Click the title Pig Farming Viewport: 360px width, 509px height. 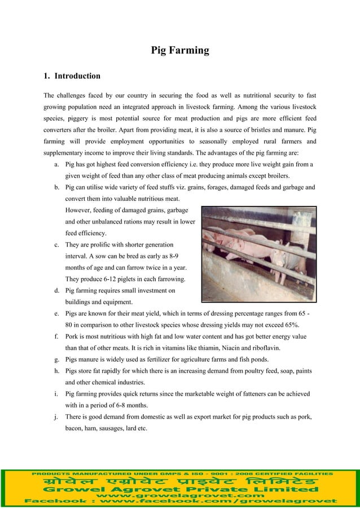(180, 51)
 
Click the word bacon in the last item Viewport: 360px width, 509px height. (74, 429)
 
